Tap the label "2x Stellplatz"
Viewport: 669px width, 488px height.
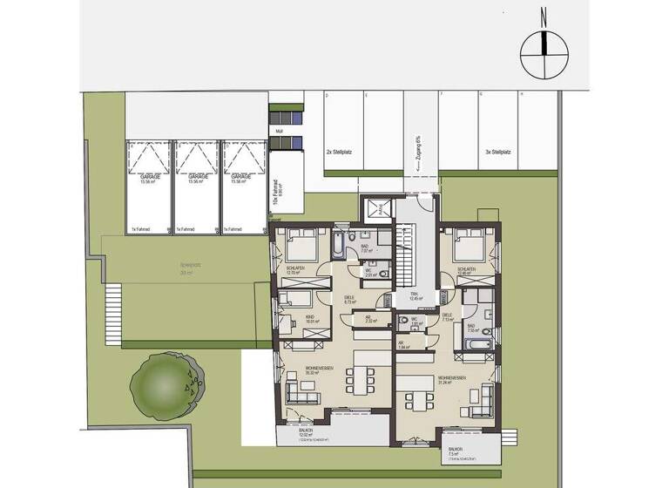coord(340,152)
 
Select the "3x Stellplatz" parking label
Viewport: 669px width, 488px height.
coord(498,152)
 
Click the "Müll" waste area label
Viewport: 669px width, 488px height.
coord(279,132)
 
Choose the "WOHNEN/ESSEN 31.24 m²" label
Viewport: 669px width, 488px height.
coord(453,379)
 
